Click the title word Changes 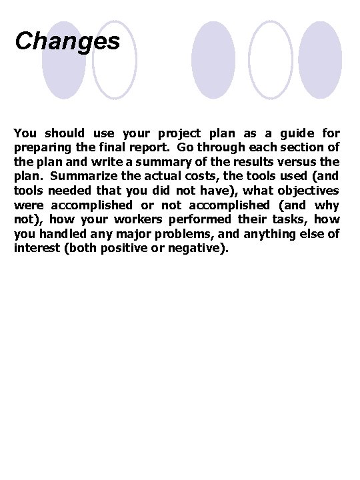click(67, 41)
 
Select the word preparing click(42, 147)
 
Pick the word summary click(160, 162)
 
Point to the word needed click(62, 191)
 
